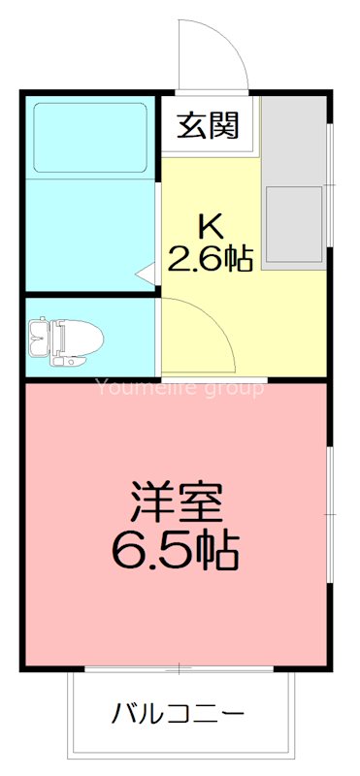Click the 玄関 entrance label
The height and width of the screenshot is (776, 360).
pyautogui.click(x=209, y=126)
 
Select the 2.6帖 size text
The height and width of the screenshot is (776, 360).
pyautogui.click(x=211, y=258)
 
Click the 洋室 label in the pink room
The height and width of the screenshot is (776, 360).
pyautogui.click(x=177, y=501)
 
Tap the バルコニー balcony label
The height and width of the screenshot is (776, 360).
pyautogui.click(x=178, y=715)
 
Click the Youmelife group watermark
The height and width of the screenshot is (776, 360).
pyautogui.click(x=179, y=389)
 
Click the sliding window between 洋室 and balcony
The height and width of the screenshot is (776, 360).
pyautogui.click(x=180, y=669)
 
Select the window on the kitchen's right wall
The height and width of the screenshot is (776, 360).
pyautogui.click(x=330, y=184)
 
